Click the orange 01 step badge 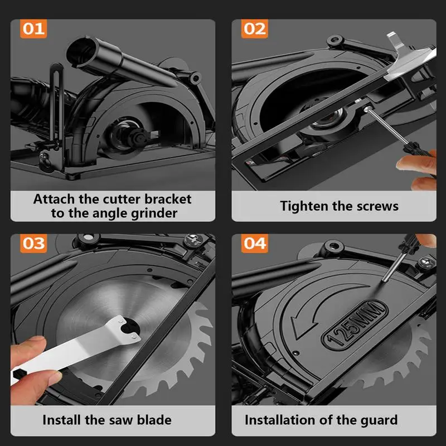coord(33,29)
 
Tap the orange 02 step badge coord(255,29)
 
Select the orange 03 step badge coord(33,244)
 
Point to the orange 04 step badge coord(255,244)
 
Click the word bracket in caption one coord(168,200)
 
